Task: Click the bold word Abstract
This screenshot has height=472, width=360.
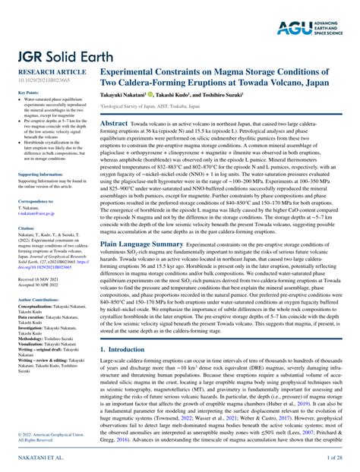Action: [114, 122]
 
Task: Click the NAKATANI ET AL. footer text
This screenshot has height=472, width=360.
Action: [33, 459]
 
